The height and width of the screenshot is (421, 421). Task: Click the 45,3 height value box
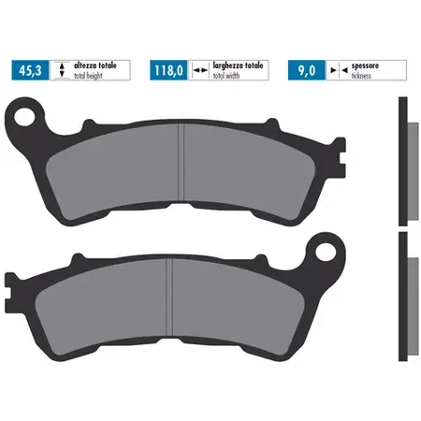pyautogui.click(x=30, y=70)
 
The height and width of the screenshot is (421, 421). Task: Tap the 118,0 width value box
pyautogui.click(x=168, y=70)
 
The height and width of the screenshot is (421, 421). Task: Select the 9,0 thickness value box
pyautogui.click(x=307, y=70)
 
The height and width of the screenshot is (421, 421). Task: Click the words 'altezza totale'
pyautogui.click(x=95, y=65)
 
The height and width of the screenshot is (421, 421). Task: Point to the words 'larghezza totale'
pyautogui.click(x=238, y=65)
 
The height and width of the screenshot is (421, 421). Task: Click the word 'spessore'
pyautogui.click(x=365, y=65)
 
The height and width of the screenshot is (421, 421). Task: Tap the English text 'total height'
pyautogui.click(x=88, y=76)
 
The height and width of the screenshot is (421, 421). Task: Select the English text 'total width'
pyautogui.click(x=226, y=76)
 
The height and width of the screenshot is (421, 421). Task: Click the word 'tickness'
pyautogui.click(x=361, y=76)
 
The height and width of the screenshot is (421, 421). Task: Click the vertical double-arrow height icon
pyautogui.click(x=62, y=70)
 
